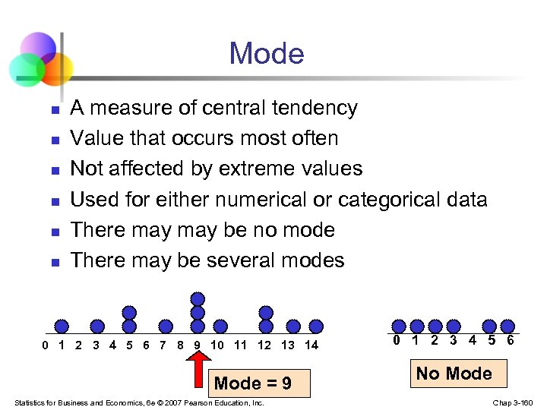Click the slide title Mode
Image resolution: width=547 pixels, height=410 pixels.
point(266,54)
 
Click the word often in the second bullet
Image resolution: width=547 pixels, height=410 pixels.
point(313,138)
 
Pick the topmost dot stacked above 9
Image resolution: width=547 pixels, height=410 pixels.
point(198,298)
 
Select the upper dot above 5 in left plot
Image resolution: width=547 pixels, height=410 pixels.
point(129,312)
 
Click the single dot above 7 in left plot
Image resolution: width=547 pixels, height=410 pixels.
point(165,326)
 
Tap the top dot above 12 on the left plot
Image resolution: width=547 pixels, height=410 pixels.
point(265,312)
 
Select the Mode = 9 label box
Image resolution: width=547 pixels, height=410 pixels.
point(253,383)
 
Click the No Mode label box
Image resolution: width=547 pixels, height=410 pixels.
point(454,374)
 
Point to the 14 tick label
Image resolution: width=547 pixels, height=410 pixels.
point(311,346)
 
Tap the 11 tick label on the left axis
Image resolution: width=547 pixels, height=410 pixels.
point(240,346)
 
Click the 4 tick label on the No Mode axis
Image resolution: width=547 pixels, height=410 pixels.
point(473,340)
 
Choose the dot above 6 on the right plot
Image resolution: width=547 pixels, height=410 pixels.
point(507,325)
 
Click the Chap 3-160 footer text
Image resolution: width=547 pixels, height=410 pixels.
point(514,402)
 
